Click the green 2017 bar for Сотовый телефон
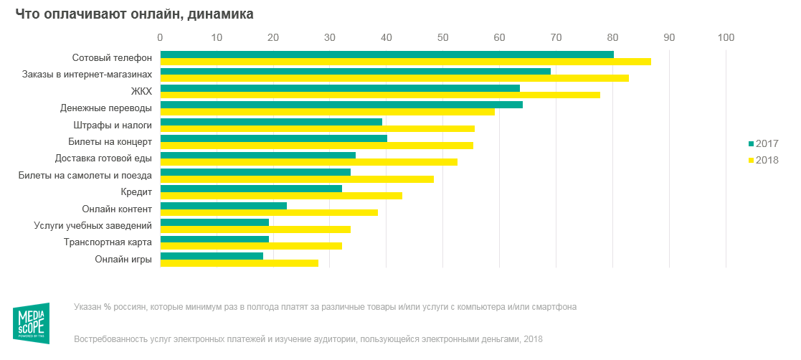point(387,55)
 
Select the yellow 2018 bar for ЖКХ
point(380,95)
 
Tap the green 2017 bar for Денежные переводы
point(341,105)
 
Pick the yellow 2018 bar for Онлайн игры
point(239,263)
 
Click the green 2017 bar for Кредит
point(251,189)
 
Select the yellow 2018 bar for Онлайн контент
point(269,213)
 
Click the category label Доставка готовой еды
point(103,158)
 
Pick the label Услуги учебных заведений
point(93,226)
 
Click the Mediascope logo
point(31,323)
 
